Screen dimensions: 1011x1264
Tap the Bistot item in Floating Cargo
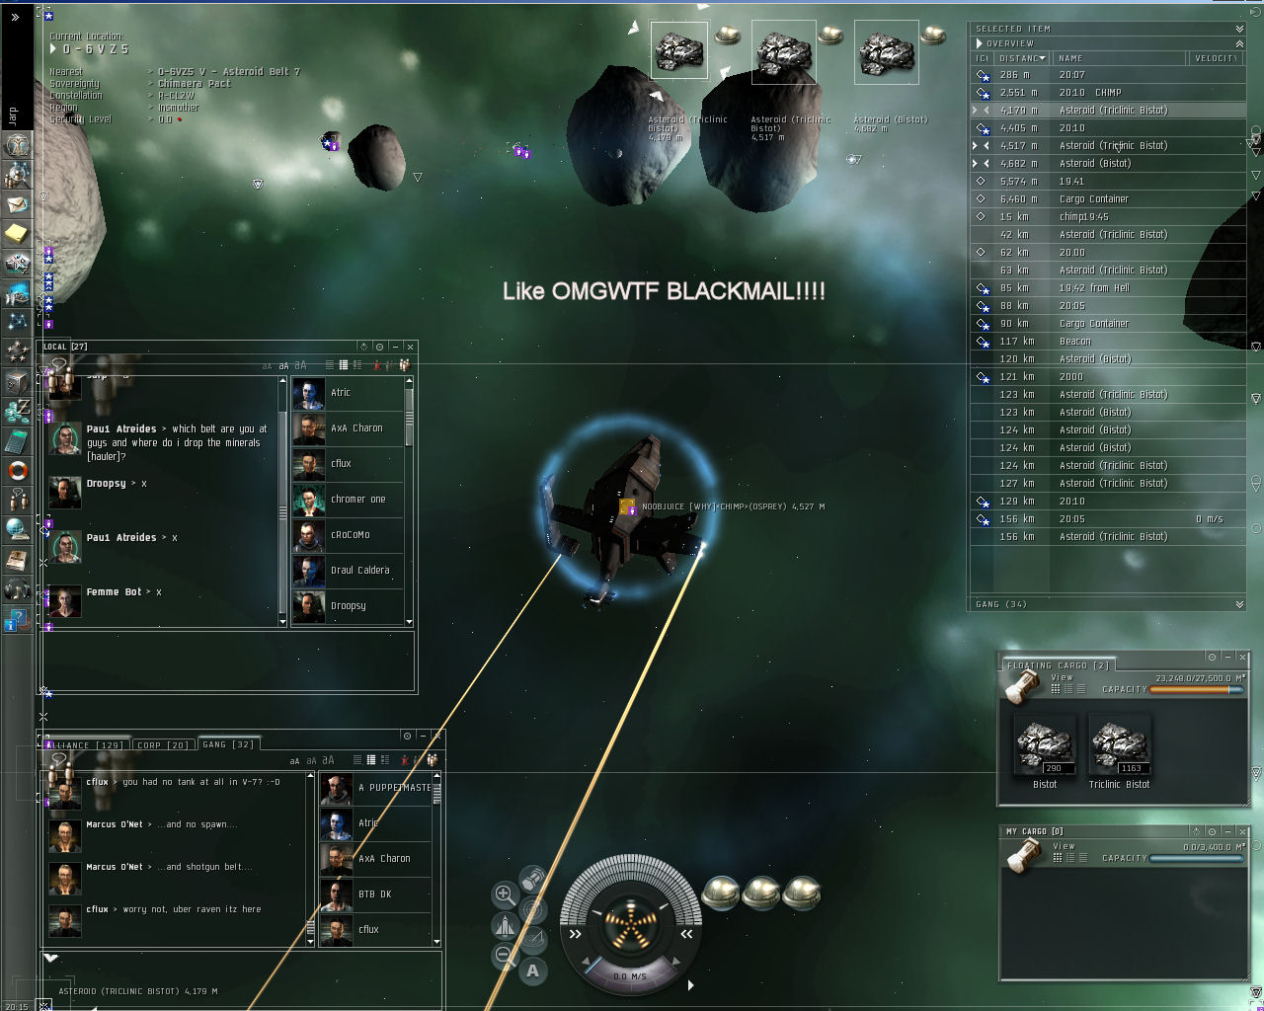(1045, 747)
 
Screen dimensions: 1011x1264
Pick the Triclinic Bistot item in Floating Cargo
(1119, 747)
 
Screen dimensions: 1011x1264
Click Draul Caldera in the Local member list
(358, 571)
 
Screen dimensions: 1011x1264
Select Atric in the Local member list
(340, 393)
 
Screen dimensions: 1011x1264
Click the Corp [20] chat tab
(162, 744)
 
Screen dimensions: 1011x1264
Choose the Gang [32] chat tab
(228, 744)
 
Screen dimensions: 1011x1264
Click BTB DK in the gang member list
(374, 894)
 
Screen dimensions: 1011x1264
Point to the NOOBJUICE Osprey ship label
(732, 506)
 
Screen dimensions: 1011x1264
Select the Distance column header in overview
(1018, 58)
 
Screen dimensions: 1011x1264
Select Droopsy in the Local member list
(348, 606)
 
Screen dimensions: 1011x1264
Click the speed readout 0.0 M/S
(629, 976)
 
